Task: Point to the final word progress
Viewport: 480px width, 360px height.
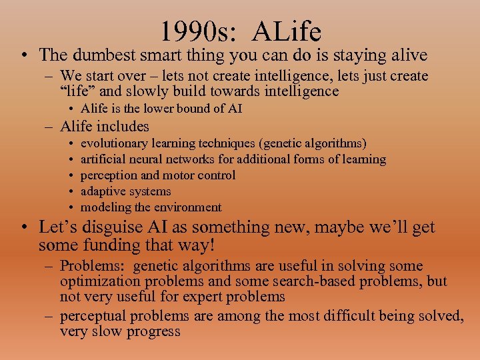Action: [x=153, y=331]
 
